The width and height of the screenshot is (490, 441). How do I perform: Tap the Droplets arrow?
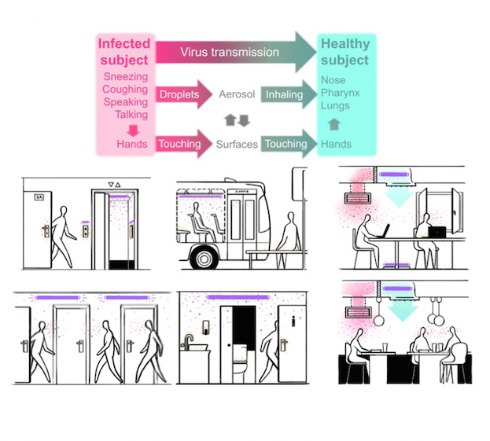coord(181,95)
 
